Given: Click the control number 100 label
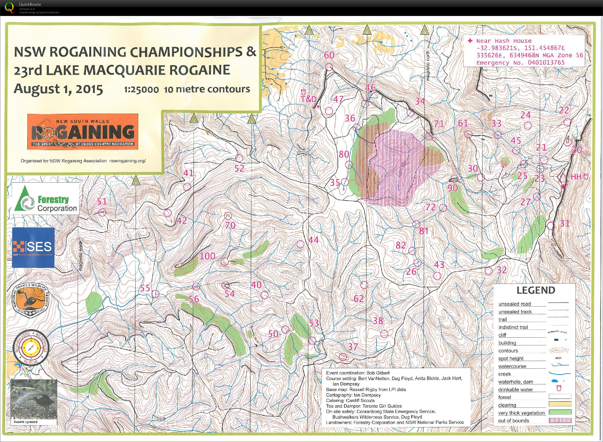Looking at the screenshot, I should pyautogui.click(x=207, y=256).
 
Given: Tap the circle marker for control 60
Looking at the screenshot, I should pyautogui.click(x=329, y=67).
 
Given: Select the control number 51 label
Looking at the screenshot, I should pyautogui.click(x=102, y=202).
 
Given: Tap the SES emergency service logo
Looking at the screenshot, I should pyautogui.click(x=33, y=247).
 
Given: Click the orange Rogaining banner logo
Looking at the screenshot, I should pyautogui.click(x=83, y=132).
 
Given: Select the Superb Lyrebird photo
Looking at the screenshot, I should pyautogui.click(x=34, y=400).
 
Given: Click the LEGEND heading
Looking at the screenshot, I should pyautogui.click(x=535, y=290).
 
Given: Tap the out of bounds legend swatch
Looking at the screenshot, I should pyautogui.click(x=560, y=421).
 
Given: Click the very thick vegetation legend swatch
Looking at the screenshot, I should pyautogui.click(x=560, y=412).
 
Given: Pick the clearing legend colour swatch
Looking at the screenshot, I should pyautogui.click(x=560, y=404).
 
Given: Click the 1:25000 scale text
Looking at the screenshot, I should pyautogui.click(x=141, y=90).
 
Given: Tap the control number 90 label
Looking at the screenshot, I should pyautogui.click(x=453, y=188).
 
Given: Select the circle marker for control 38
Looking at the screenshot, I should pyautogui.click(x=384, y=334).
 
